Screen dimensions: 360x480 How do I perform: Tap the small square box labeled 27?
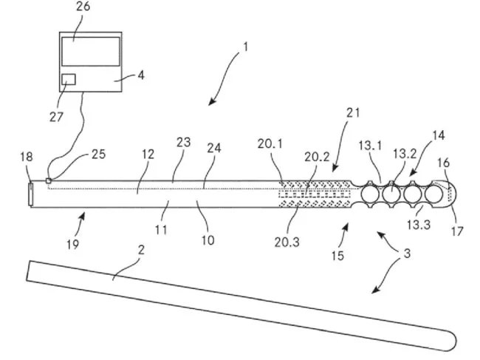pos(69,80)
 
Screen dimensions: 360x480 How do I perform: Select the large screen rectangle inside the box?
pos(90,52)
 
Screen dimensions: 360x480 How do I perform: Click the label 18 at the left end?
pos(26,157)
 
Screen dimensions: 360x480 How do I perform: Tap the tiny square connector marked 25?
pos(49,180)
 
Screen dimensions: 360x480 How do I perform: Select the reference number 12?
pos(148,155)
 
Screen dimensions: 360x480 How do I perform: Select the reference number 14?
pos(438,137)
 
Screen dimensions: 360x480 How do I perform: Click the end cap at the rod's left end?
pos(30,194)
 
